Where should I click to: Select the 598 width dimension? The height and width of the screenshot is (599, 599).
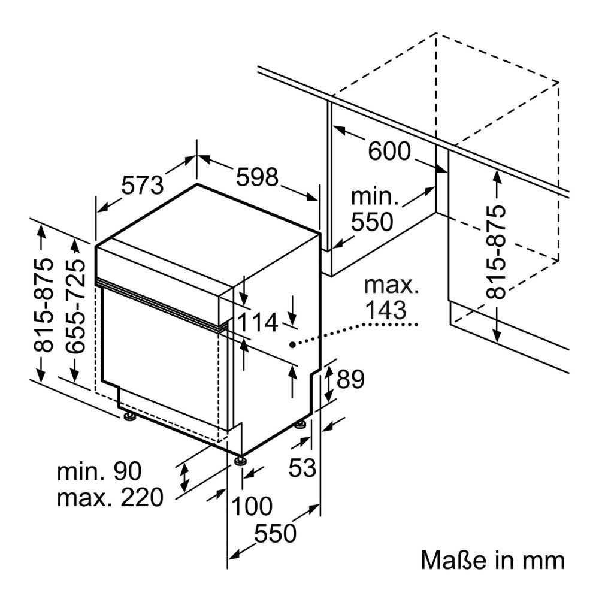click(257, 177)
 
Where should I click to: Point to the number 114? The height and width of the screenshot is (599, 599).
click(258, 322)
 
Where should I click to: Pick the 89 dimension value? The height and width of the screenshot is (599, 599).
click(350, 379)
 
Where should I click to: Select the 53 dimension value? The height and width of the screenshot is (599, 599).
click(302, 467)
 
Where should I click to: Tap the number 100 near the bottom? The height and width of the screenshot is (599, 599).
click(252, 506)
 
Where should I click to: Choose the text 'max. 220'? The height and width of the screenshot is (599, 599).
click(110, 497)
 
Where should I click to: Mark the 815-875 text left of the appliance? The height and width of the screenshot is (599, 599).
click(43, 305)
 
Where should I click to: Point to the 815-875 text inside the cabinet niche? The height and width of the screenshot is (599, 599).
click(496, 253)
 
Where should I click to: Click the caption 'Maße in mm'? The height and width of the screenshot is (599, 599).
click(492, 561)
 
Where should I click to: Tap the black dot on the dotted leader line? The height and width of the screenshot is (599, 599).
click(292, 345)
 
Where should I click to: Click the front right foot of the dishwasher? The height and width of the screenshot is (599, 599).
click(240, 460)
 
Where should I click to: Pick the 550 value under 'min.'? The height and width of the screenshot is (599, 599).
click(372, 222)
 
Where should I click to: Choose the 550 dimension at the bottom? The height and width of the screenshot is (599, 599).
click(275, 533)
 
